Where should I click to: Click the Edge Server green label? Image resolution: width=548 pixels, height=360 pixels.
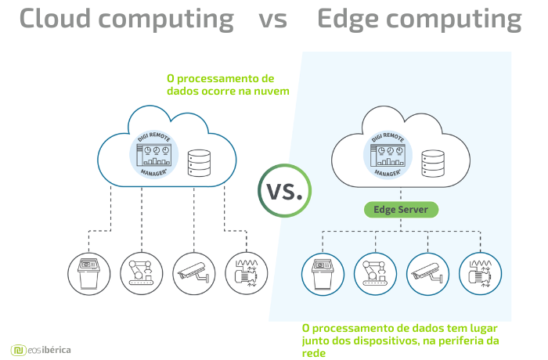click(401, 210)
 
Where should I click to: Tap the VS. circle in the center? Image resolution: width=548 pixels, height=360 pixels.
click(284, 191)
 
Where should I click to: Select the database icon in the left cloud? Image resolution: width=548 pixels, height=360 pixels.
click(199, 163)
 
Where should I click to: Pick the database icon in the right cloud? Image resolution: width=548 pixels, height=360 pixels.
click(433, 164)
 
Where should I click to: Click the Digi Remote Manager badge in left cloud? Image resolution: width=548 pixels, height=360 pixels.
click(153, 154)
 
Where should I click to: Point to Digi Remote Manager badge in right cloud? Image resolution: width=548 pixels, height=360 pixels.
click(388, 154)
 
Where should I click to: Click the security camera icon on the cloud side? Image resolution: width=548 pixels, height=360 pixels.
click(194, 273)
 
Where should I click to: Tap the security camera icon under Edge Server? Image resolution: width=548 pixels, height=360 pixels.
click(427, 274)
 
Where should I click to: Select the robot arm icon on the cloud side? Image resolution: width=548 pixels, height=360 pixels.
click(142, 273)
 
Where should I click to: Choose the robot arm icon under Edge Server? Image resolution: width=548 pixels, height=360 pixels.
click(375, 274)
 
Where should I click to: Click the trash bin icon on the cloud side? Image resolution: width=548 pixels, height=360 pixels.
click(89, 274)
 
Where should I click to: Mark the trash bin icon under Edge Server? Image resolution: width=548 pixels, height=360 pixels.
click(323, 274)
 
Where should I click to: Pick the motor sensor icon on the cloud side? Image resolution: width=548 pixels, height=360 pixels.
click(247, 273)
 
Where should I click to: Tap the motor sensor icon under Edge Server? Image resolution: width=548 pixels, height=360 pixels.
click(480, 274)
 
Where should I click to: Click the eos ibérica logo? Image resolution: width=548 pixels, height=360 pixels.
click(41, 350)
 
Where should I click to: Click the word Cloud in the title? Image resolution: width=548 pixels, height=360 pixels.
click(56, 18)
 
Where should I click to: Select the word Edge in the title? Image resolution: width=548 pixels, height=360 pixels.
click(348, 20)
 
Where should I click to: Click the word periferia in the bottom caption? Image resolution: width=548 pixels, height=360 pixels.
click(462, 341)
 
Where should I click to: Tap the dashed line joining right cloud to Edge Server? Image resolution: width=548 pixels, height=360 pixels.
click(401, 194)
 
